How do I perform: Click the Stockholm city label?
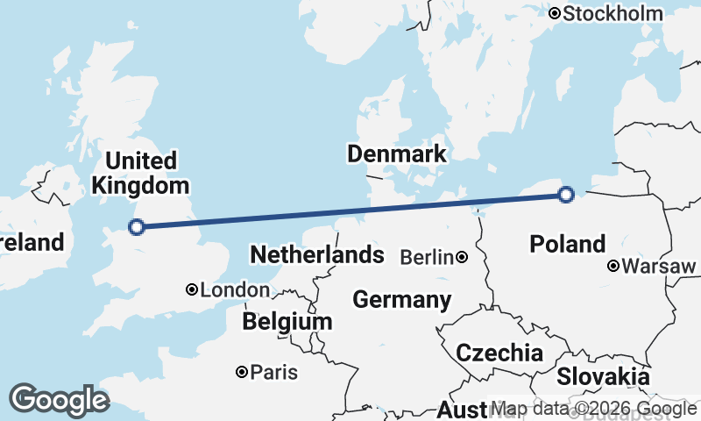pyautogui.click(x=612, y=13)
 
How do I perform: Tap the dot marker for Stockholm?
pyautogui.click(x=555, y=13)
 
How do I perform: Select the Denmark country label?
pyautogui.click(x=397, y=154)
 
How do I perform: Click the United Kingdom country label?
pyautogui.click(x=140, y=173)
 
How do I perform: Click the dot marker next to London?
pyautogui.click(x=192, y=289)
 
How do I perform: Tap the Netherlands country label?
pyautogui.click(x=316, y=255)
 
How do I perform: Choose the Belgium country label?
pyautogui.click(x=287, y=322)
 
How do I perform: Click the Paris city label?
pyautogui.click(x=274, y=373)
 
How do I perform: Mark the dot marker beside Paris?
pyautogui.click(x=242, y=373)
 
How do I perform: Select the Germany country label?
pyautogui.click(x=402, y=300)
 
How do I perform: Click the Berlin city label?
pyautogui.click(x=427, y=257)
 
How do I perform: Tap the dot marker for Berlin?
pyautogui.click(x=462, y=257)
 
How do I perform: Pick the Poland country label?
pyautogui.click(x=568, y=245)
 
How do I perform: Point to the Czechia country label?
pyautogui.click(x=499, y=353)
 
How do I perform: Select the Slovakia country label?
pyautogui.click(x=604, y=377)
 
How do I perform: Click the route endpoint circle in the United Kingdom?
pyautogui.click(x=136, y=227)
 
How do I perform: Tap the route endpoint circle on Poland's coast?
pyautogui.click(x=566, y=194)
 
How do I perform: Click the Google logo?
pyautogui.click(x=59, y=399)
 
